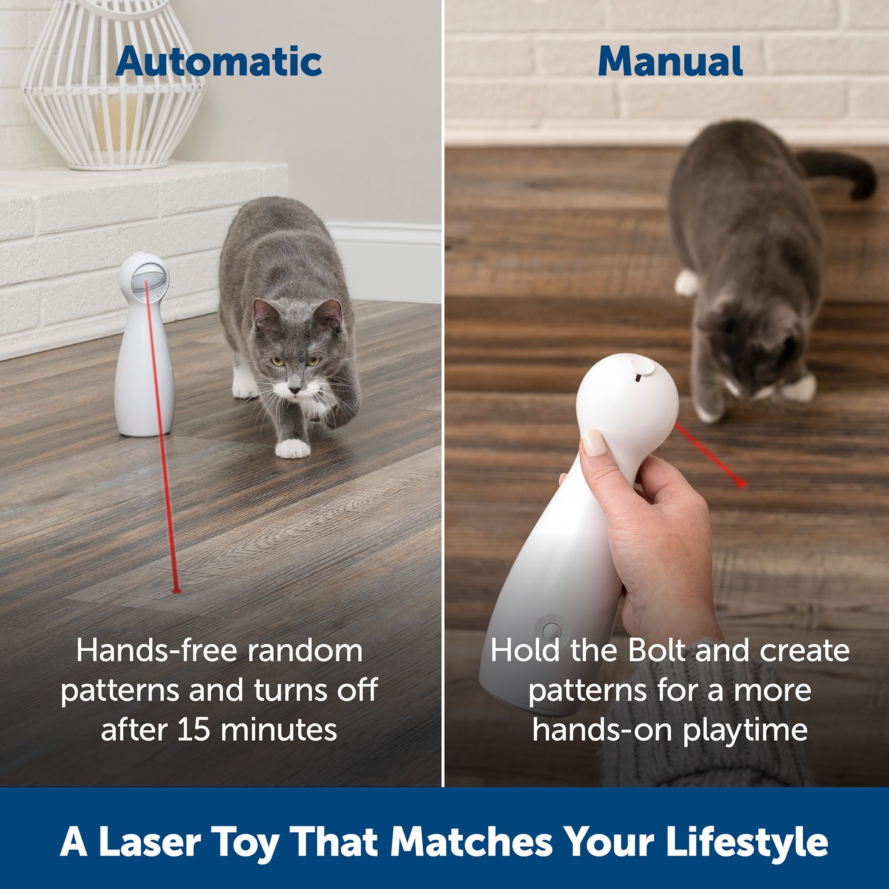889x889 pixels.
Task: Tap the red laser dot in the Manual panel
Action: coord(741,483)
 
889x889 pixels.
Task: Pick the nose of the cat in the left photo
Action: coord(296,390)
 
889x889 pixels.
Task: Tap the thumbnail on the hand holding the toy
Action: coord(594,443)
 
